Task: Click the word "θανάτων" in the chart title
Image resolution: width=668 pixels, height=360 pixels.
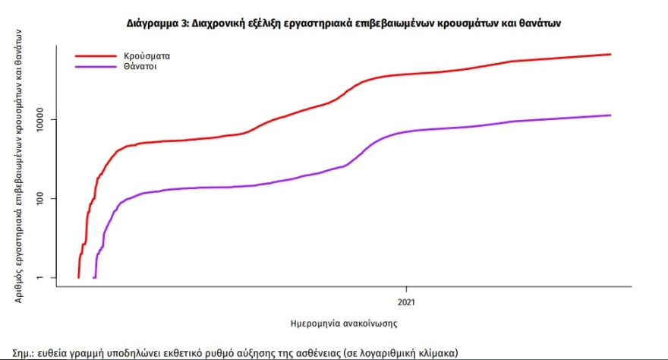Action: click(x=540, y=24)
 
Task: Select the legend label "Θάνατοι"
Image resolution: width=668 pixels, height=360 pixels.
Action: click(x=142, y=67)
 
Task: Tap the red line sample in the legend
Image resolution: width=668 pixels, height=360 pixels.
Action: click(x=96, y=56)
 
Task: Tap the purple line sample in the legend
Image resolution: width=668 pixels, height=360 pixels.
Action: click(x=96, y=67)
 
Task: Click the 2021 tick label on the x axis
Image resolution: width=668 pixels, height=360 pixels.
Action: click(x=407, y=299)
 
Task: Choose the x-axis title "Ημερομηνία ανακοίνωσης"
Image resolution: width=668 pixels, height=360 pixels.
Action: click(x=345, y=323)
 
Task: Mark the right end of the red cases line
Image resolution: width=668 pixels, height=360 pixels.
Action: click(x=610, y=54)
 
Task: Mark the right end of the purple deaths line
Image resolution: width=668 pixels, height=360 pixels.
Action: click(x=610, y=115)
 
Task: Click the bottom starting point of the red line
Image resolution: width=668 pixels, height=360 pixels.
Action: click(x=78, y=277)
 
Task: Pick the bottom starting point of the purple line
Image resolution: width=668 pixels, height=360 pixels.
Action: click(x=94, y=277)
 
